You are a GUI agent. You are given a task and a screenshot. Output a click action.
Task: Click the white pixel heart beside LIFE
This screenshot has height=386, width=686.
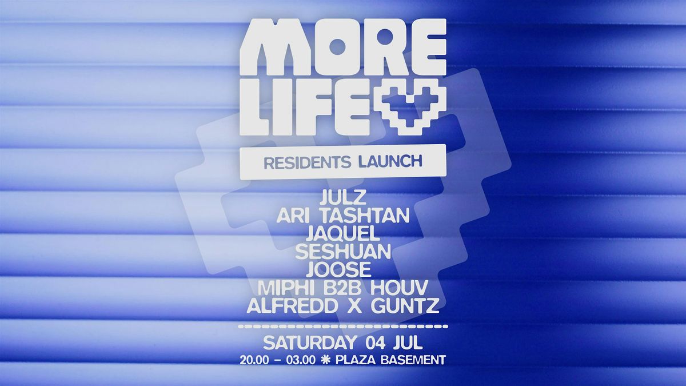(x=410, y=108)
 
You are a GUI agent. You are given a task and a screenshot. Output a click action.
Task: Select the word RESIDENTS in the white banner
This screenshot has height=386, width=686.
(x=307, y=162)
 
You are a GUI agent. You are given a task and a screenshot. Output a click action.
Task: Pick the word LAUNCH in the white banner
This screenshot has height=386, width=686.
(x=390, y=162)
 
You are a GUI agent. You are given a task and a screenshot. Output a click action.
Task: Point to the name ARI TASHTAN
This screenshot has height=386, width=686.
(x=343, y=216)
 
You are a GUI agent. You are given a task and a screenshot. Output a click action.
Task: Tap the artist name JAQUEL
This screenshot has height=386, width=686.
(x=343, y=234)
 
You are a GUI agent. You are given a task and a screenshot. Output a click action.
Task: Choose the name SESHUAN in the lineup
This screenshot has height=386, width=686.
(x=343, y=252)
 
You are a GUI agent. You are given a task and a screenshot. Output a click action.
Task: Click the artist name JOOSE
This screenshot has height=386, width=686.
(x=338, y=269)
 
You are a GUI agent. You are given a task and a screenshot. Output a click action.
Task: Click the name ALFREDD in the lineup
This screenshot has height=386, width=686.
(x=292, y=306)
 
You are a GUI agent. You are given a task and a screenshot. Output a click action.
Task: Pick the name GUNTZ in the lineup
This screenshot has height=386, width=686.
(x=405, y=306)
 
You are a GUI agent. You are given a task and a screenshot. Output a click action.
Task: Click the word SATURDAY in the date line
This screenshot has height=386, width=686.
(x=310, y=343)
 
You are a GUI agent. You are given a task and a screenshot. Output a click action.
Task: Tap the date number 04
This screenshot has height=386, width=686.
(x=375, y=343)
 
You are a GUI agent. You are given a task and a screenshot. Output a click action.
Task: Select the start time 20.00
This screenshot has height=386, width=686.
(x=254, y=360)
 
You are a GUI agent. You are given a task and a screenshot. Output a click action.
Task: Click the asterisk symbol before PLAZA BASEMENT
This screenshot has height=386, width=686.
(x=325, y=360)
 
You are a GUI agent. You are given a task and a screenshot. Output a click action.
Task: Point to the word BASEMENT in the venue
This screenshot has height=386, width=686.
(x=413, y=360)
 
